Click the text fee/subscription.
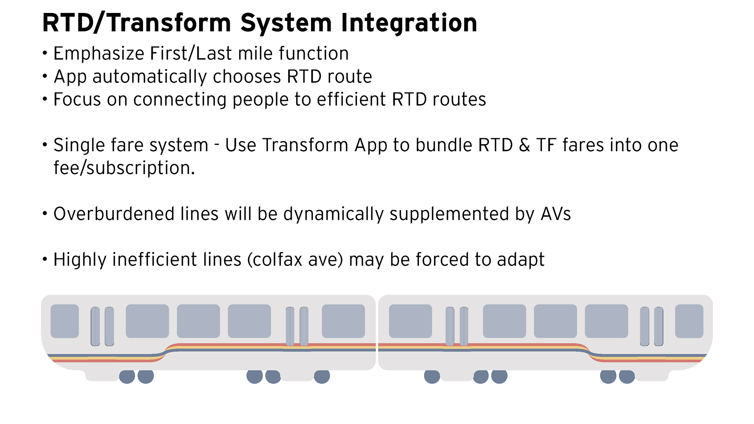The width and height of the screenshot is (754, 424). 124,168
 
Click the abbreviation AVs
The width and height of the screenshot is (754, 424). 556,214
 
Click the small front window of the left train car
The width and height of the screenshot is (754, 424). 65,321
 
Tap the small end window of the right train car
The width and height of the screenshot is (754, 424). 689,321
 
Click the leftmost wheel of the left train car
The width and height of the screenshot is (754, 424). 127,376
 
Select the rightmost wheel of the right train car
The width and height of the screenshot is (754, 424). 627,376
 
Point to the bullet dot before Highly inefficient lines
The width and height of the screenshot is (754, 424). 45,260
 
